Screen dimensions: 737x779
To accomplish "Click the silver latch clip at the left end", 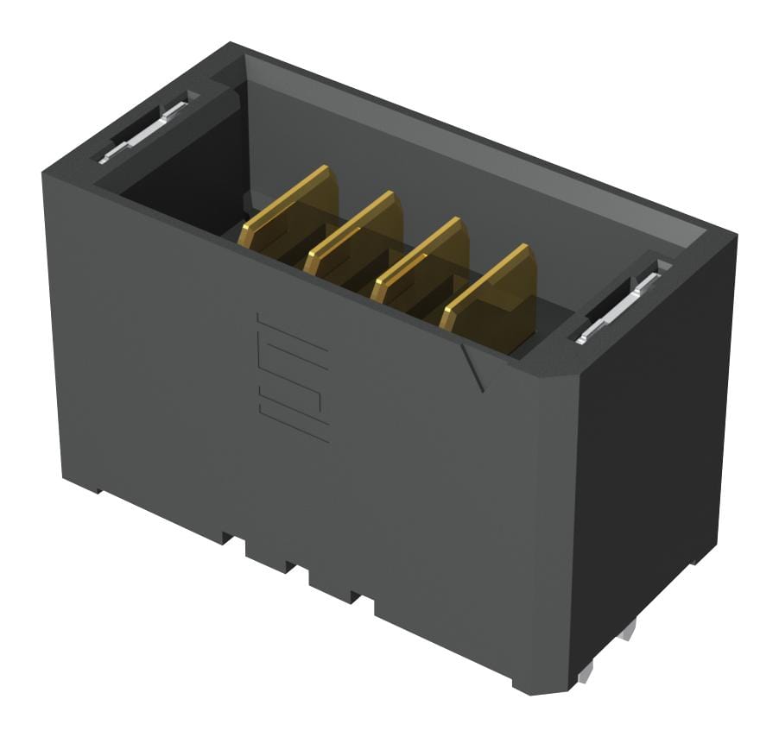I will click(142, 131).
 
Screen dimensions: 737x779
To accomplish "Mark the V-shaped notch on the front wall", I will click(472, 367).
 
